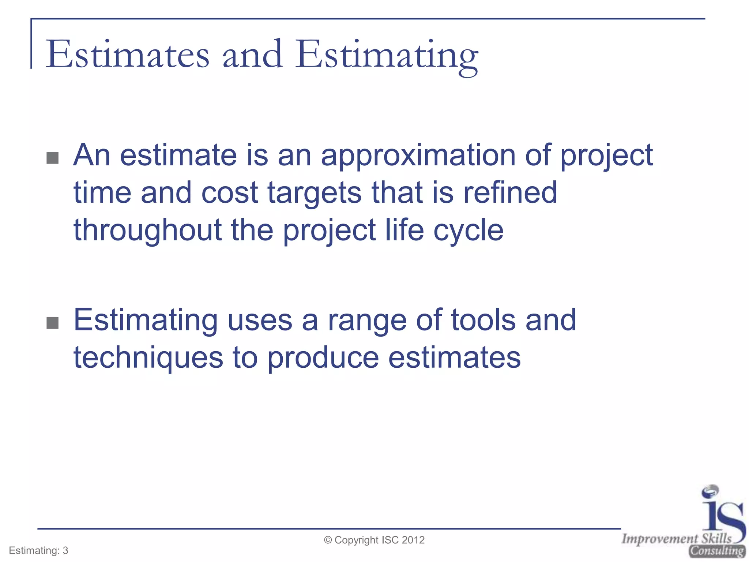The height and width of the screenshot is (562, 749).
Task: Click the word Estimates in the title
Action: point(127,55)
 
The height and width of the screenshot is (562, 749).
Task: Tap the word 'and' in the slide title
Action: point(252,55)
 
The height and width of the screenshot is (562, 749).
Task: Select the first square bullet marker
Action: point(53,158)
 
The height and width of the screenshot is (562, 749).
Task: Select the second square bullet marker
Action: point(53,323)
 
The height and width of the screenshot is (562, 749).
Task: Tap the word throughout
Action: point(147,231)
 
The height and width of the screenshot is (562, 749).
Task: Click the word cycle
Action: point(468,231)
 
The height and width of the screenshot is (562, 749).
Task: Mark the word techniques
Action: point(148,359)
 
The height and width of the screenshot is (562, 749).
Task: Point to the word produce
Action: point(323,359)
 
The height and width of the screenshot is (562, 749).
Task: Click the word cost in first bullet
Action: point(230,193)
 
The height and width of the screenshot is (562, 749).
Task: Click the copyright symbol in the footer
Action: point(328,540)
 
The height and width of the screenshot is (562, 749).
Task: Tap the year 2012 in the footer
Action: point(413,540)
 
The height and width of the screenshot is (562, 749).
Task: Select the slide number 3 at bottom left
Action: point(65,551)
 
